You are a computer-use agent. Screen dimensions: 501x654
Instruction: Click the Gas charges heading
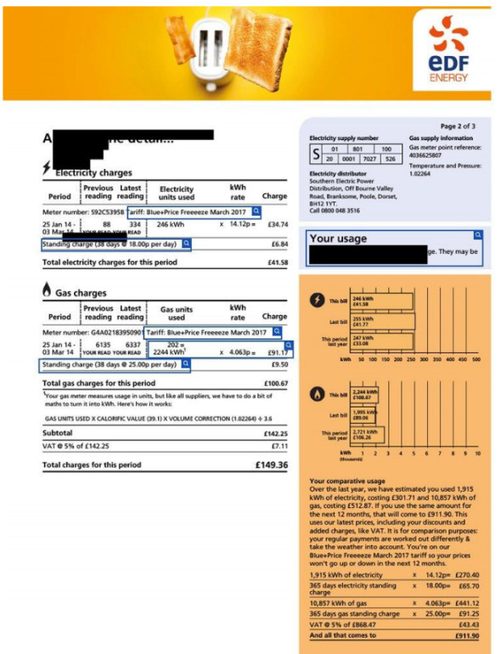(81, 292)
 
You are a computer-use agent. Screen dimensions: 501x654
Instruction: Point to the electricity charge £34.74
(277, 225)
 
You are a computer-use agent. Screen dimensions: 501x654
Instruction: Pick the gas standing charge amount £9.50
(279, 364)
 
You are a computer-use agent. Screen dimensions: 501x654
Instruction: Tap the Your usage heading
(339, 239)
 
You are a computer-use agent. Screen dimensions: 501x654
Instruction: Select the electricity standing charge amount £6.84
(279, 245)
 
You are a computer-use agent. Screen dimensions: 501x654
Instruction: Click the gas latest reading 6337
(132, 346)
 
